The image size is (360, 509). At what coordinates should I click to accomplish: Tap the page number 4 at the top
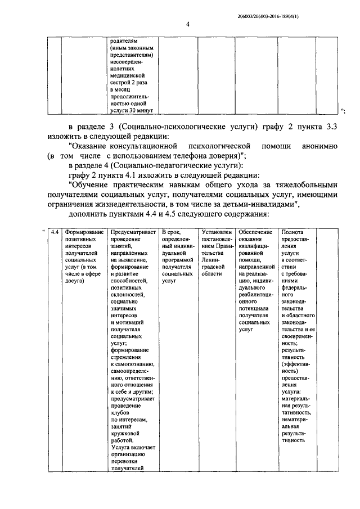pos(188,24)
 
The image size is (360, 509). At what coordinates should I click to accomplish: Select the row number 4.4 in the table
pos(55,232)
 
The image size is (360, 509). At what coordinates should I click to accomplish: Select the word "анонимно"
pos(319,146)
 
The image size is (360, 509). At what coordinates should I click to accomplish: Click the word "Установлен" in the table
pos(216,232)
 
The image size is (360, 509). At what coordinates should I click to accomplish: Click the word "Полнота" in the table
pos(292,232)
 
